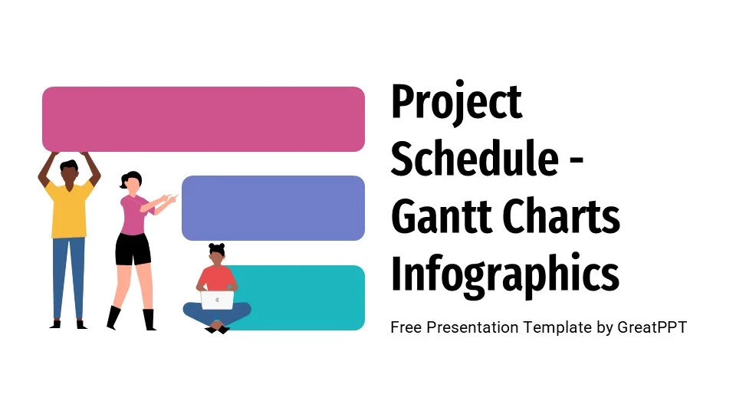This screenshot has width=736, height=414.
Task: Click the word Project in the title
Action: (456, 103)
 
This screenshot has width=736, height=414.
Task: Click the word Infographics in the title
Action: (504, 274)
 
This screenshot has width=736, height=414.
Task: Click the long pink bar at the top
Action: (203, 119)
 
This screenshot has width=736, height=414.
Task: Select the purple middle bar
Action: (273, 208)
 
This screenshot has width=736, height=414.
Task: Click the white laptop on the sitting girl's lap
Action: (217, 300)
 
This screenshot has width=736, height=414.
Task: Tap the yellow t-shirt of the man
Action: (69, 209)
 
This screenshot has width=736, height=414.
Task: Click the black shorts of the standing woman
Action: (133, 249)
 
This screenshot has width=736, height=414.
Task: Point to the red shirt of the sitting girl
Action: (217, 278)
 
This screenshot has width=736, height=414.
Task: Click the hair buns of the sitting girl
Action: (216, 247)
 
